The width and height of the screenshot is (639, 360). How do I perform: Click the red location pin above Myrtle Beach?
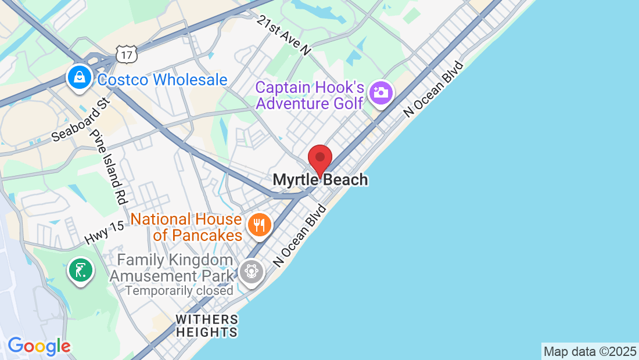coord(319,159)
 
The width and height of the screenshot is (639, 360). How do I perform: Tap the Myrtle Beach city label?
coord(320,180)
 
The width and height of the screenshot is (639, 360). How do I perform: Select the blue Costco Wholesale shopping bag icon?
coord(80,77)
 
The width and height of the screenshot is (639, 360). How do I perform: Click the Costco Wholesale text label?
coord(162,80)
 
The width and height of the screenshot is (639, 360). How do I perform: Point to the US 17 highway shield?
coord(125,55)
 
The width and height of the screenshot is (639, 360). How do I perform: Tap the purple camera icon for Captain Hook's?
coord(381,92)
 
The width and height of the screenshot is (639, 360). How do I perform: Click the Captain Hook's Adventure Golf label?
coord(310,96)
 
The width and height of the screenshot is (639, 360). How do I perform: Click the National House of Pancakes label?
coord(186,227)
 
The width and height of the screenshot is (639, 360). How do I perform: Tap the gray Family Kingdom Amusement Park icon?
coord(251,271)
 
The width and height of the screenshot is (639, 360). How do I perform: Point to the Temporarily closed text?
coord(180,290)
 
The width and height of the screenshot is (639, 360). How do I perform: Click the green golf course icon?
coord(81,270)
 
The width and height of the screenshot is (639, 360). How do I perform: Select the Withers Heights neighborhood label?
coord(207,326)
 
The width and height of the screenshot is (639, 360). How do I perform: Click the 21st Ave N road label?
coord(285,35)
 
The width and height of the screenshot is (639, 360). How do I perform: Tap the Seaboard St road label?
coord(80,120)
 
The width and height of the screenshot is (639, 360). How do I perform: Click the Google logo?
coord(39,346)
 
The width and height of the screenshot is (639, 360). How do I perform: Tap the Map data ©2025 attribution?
coord(589,351)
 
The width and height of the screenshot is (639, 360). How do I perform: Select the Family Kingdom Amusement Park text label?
coord(172,268)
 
